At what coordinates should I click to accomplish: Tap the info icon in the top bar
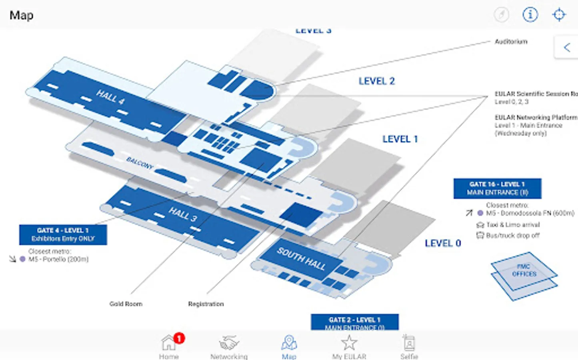(x=530, y=15)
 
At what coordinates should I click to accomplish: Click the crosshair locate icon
(x=559, y=15)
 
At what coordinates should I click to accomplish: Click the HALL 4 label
(x=110, y=97)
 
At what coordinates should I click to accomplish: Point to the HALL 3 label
(x=183, y=214)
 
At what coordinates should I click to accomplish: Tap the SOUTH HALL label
(x=301, y=259)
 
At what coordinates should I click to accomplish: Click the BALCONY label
(x=140, y=163)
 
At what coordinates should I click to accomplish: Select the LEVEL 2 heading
(x=376, y=81)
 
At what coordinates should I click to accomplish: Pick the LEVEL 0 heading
(x=443, y=243)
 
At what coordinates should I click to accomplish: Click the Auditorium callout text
(x=511, y=42)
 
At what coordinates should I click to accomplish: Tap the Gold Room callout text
(x=126, y=304)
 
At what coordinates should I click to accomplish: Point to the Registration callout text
(x=206, y=304)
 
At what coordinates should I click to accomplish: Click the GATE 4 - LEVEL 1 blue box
(x=63, y=234)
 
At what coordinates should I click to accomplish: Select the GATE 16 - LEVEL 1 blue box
(x=497, y=188)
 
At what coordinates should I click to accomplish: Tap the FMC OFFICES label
(x=524, y=270)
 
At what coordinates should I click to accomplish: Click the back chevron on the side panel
(x=567, y=48)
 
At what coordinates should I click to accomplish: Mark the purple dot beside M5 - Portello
(x=23, y=259)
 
